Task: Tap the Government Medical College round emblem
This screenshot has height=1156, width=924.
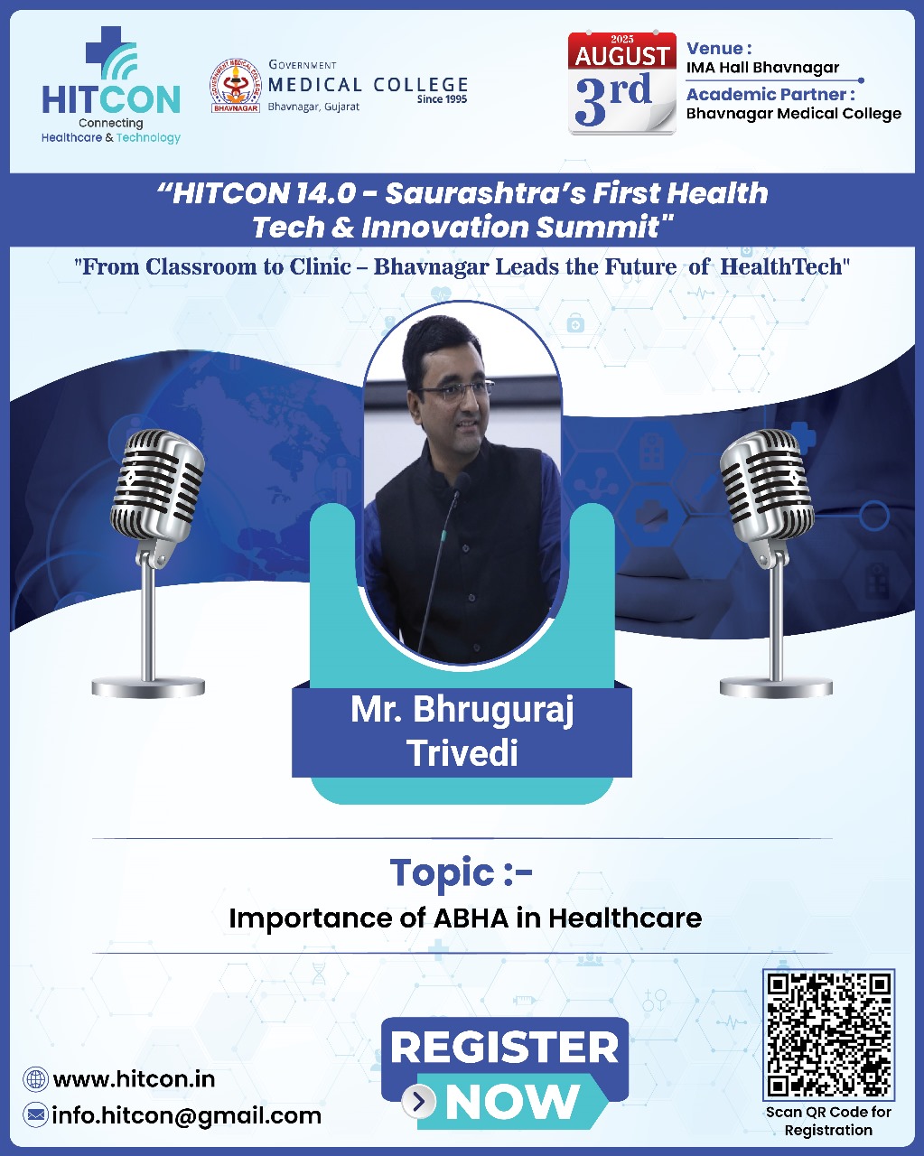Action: point(235,86)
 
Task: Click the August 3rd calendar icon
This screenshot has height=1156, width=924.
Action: point(621,83)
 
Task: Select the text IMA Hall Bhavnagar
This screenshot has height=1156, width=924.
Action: point(762,68)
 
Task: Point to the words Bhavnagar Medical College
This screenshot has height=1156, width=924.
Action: point(793,114)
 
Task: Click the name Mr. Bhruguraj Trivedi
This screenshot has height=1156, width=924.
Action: point(462,731)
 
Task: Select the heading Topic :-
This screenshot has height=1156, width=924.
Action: point(462,872)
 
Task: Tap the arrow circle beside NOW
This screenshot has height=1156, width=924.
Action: point(418,1102)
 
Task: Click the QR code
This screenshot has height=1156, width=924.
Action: point(828,1034)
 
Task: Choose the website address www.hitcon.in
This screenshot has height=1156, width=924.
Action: point(134,1078)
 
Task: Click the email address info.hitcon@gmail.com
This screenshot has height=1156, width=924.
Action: point(186,1115)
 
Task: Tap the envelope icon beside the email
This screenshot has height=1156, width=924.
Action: point(36,1115)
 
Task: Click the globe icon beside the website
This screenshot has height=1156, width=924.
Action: point(36,1078)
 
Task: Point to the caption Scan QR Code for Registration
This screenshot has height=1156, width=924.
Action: point(828,1121)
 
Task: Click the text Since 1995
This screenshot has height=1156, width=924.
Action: point(442,99)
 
